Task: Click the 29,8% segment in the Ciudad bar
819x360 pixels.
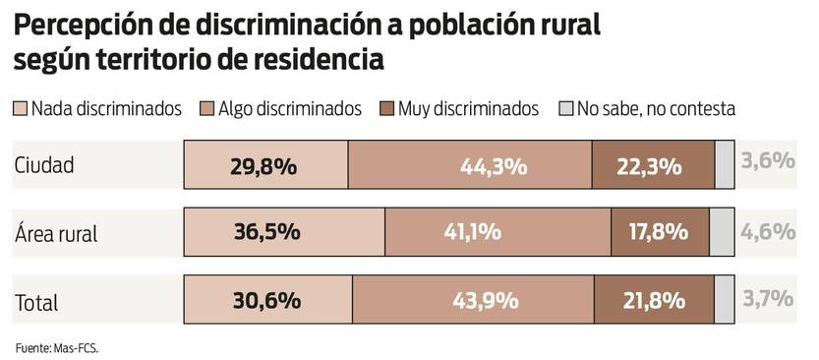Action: click(x=266, y=165)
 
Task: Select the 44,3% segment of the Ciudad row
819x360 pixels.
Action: click(x=470, y=165)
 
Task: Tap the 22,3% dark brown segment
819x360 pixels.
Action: click(x=653, y=165)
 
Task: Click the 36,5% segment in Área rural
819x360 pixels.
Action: click(x=284, y=233)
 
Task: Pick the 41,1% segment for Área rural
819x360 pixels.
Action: click(x=497, y=233)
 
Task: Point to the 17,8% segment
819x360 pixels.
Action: click(x=660, y=233)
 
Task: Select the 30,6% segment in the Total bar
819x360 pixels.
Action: click(x=268, y=301)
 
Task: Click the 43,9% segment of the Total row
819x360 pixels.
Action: click(x=473, y=301)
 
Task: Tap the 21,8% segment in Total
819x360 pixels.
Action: click(x=654, y=301)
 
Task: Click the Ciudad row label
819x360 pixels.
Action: click(x=44, y=165)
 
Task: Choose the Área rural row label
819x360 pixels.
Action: click(x=56, y=234)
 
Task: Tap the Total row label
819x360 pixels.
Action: click(x=36, y=302)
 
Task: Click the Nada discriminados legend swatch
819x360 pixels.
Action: click(x=21, y=109)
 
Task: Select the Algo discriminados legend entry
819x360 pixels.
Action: click(x=279, y=109)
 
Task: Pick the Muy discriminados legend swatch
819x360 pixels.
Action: click(x=386, y=109)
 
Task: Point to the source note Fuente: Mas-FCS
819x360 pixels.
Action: click(x=57, y=347)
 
